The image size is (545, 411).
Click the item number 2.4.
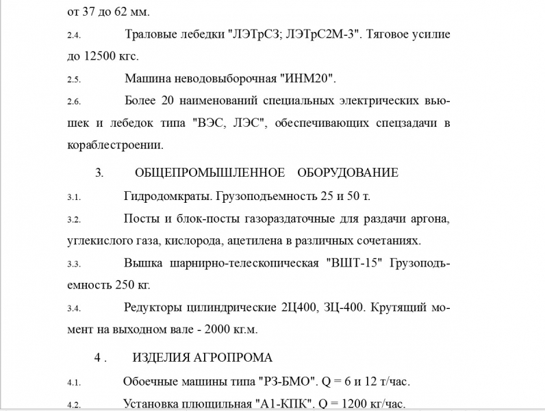tap(73, 34)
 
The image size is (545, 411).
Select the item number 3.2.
tap(73, 220)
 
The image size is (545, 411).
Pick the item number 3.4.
tap(73, 308)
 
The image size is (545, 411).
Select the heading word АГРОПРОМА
tap(236, 358)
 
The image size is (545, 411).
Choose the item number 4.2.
tap(73, 405)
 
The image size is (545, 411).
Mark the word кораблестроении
tap(115, 145)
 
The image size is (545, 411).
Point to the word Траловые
tap(151, 34)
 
